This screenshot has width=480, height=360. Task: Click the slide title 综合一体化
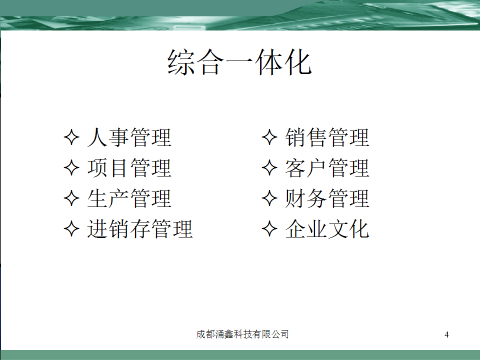(239, 62)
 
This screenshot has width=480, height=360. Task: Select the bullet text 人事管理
(129, 137)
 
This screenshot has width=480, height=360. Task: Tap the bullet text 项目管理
(129, 168)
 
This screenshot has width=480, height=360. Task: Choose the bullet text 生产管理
(129, 198)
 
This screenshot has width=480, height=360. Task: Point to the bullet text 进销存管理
(140, 228)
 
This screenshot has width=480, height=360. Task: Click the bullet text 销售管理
(327, 137)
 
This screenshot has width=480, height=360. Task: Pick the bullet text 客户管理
(327, 168)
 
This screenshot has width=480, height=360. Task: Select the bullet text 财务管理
(327, 198)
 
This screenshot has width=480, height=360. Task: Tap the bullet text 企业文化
(327, 228)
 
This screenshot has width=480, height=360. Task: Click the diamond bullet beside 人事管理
(71, 137)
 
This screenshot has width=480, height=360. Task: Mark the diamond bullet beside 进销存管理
(71, 228)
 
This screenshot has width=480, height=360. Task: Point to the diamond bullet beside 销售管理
(269, 137)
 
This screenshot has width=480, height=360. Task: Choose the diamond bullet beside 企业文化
(269, 228)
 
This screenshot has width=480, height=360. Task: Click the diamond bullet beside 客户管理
(269, 167)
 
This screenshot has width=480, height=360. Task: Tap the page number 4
(446, 334)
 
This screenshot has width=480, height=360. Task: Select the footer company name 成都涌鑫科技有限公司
(242, 334)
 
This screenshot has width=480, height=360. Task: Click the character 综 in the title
(181, 62)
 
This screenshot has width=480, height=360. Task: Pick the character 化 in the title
(298, 62)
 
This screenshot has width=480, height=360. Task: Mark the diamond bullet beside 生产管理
(71, 198)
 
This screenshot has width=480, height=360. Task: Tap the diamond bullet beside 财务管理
(269, 198)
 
